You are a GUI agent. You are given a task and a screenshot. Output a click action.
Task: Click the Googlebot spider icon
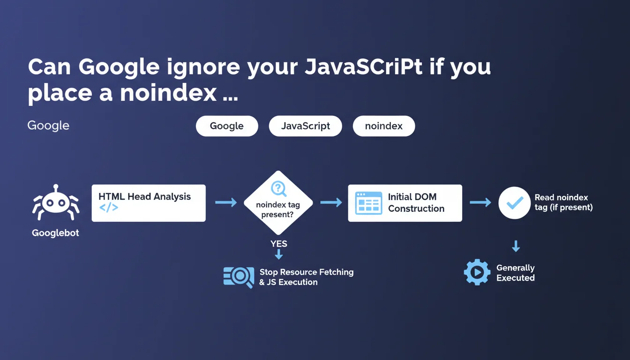tap(56, 202)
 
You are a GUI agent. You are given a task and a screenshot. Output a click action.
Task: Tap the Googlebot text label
tap(55, 233)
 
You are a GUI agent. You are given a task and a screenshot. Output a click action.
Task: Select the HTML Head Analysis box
tap(149, 203)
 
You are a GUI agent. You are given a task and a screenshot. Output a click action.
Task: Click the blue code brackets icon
tap(109, 208)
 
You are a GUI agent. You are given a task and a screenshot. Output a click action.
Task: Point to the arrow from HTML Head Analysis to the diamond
tap(226, 202)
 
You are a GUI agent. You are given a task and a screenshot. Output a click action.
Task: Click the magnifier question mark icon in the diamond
tap(278, 188)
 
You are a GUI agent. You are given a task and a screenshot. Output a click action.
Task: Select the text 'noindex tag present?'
tap(278, 210)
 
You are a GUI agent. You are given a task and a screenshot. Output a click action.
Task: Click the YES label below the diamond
tap(279, 244)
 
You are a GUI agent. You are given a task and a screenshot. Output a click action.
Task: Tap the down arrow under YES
tap(279, 255)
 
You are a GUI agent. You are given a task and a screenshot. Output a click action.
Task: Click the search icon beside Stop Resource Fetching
tap(239, 277)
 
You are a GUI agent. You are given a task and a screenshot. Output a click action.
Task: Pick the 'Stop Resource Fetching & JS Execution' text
tap(306, 277)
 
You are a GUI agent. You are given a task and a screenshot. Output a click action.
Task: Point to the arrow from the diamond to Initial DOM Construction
tap(331, 202)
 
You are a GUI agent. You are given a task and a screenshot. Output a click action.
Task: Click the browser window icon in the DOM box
tap(369, 203)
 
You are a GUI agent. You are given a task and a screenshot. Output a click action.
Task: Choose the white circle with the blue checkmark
tap(514, 203)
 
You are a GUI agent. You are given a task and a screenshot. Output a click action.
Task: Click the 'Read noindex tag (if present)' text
tap(563, 202)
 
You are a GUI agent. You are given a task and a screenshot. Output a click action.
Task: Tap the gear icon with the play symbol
tap(477, 272)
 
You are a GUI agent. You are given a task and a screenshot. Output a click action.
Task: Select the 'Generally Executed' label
tap(515, 273)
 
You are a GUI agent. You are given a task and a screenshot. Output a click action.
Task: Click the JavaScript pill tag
tap(306, 126)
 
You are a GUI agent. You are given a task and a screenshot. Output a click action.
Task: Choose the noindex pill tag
tap(383, 126)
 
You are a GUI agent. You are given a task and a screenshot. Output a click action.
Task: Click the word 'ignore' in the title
tap(203, 67)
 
